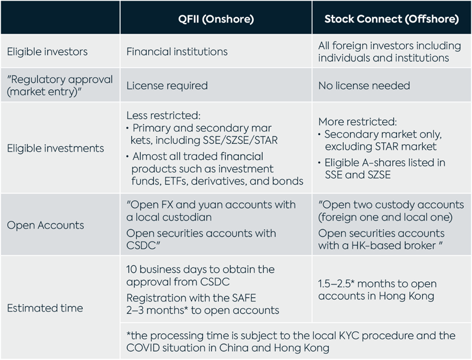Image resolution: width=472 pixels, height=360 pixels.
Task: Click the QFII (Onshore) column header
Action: [x=216, y=19]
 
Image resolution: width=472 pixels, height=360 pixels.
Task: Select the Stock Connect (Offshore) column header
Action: [x=391, y=19]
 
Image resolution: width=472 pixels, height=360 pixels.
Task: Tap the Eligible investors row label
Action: [x=47, y=51]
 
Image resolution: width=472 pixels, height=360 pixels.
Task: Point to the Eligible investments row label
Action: [x=55, y=148]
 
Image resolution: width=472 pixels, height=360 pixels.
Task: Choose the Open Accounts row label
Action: [x=45, y=225]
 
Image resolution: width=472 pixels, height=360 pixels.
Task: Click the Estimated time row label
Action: [x=45, y=308]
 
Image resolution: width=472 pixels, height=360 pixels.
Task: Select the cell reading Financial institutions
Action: [x=176, y=51]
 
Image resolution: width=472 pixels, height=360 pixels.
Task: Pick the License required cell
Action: [x=167, y=85]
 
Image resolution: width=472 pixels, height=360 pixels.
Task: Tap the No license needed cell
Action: [x=364, y=85]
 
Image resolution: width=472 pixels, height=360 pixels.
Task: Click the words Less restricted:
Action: [x=163, y=115]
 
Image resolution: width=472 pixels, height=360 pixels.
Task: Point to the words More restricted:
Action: [x=358, y=121]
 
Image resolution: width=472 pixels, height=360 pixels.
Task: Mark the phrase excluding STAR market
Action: [x=380, y=146]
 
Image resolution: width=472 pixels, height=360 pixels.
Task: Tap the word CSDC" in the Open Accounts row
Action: [x=143, y=245]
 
